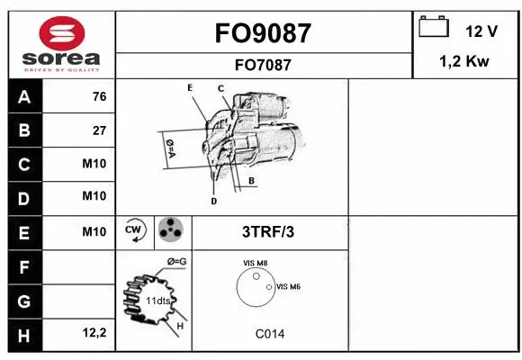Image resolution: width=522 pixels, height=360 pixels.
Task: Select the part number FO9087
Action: pyautogui.click(x=264, y=33)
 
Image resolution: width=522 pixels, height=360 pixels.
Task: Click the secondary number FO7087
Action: pyautogui.click(x=264, y=64)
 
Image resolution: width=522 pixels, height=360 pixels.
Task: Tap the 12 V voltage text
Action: pyautogui.click(x=481, y=31)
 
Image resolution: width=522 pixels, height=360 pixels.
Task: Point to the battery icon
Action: pyautogui.click(x=433, y=28)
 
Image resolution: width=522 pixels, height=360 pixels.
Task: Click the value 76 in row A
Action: pyautogui.click(x=99, y=97)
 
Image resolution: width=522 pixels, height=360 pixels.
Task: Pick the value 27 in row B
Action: pyautogui.click(x=99, y=130)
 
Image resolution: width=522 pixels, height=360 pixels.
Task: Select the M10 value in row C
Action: pyautogui.click(x=94, y=164)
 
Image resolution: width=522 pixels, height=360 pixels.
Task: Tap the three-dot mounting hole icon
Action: pyautogui.click(x=170, y=230)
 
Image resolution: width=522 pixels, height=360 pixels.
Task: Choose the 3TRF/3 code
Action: pyautogui.click(x=268, y=231)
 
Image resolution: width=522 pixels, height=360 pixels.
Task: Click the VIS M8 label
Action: pyautogui.click(x=255, y=263)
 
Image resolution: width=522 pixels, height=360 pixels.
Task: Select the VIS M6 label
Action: pyautogui.click(x=288, y=286)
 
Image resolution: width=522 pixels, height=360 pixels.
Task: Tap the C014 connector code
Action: pyautogui.click(x=269, y=334)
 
